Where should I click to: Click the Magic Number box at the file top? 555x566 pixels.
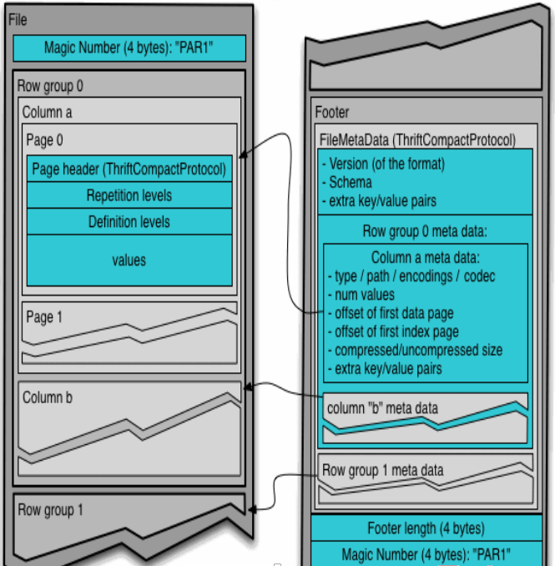pyautogui.click(x=129, y=48)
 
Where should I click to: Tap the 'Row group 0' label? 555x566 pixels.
pyautogui.click(x=50, y=85)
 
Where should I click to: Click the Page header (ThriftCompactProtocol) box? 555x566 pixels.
pyautogui.click(x=129, y=169)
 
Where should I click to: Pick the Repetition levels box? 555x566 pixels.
pyautogui.click(x=129, y=196)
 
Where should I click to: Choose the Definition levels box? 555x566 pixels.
pyautogui.click(x=129, y=222)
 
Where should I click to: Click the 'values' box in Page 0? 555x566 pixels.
pyautogui.click(x=129, y=260)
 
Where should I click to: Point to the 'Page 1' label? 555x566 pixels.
pyautogui.click(x=45, y=316)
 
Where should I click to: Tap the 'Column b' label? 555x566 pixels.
pyautogui.click(x=48, y=397)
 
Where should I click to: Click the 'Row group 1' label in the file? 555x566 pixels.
pyautogui.click(x=50, y=510)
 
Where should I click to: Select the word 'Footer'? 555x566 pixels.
pyautogui.click(x=332, y=112)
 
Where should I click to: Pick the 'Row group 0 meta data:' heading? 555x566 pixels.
pyautogui.click(x=424, y=230)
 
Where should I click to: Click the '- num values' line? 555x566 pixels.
pyautogui.click(x=361, y=294)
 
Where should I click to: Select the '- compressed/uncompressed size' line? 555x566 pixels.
pyautogui.click(x=415, y=350)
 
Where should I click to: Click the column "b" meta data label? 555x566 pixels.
pyautogui.click(x=381, y=407)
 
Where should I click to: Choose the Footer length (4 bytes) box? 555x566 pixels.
pyautogui.click(x=426, y=528)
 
